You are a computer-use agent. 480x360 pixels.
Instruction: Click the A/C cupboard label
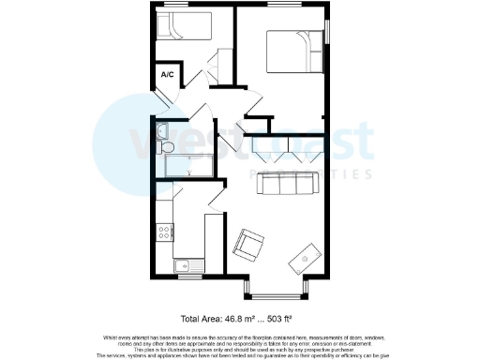pyautogui.click(x=169, y=74)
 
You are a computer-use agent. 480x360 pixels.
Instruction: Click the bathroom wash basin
pyautogui.click(x=161, y=130)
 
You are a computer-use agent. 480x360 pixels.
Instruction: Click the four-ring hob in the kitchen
pyautogui.click(x=165, y=230)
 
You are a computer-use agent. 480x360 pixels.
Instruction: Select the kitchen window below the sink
pyautogui.click(x=189, y=277)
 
